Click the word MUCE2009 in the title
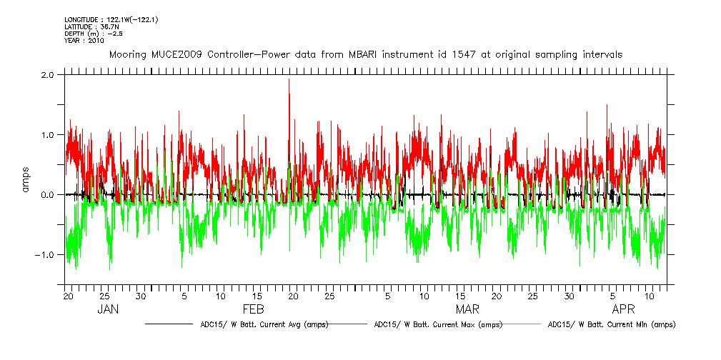pyautogui.click(x=176, y=54)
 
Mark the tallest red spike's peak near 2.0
pyautogui.click(x=289, y=79)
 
